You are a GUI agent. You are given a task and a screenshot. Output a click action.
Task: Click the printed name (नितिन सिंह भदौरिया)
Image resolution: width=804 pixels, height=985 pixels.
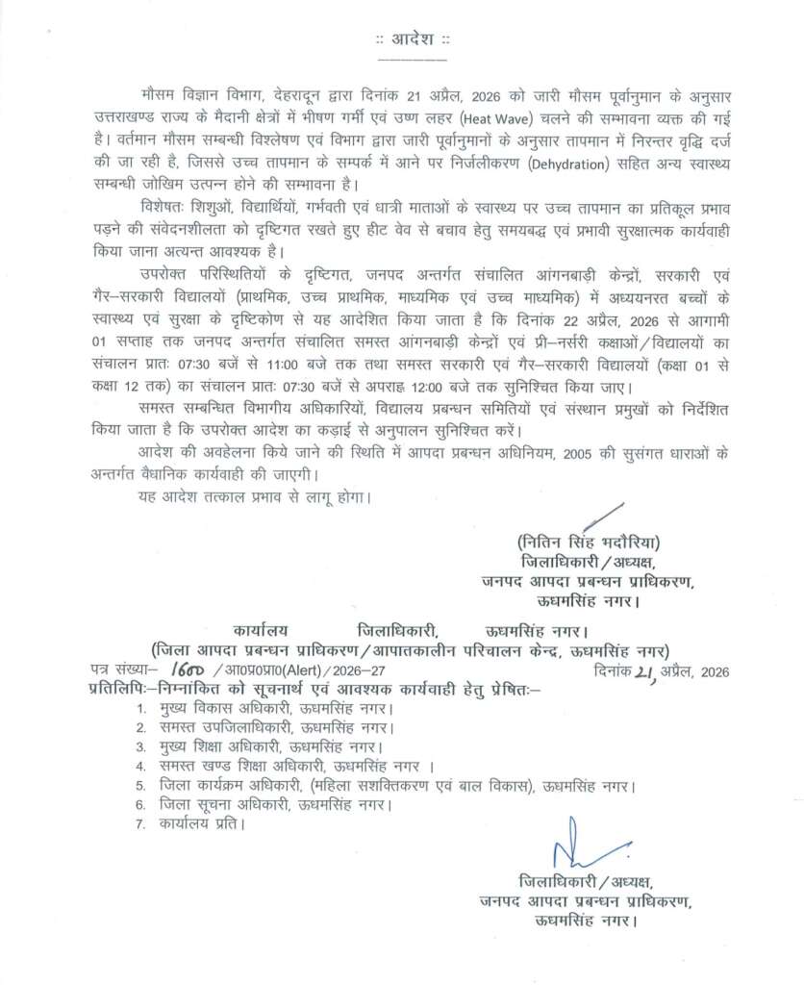click(x=590, y=541)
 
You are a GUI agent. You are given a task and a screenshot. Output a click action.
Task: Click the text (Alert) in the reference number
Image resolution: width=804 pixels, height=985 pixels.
click(x=296, y=672)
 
